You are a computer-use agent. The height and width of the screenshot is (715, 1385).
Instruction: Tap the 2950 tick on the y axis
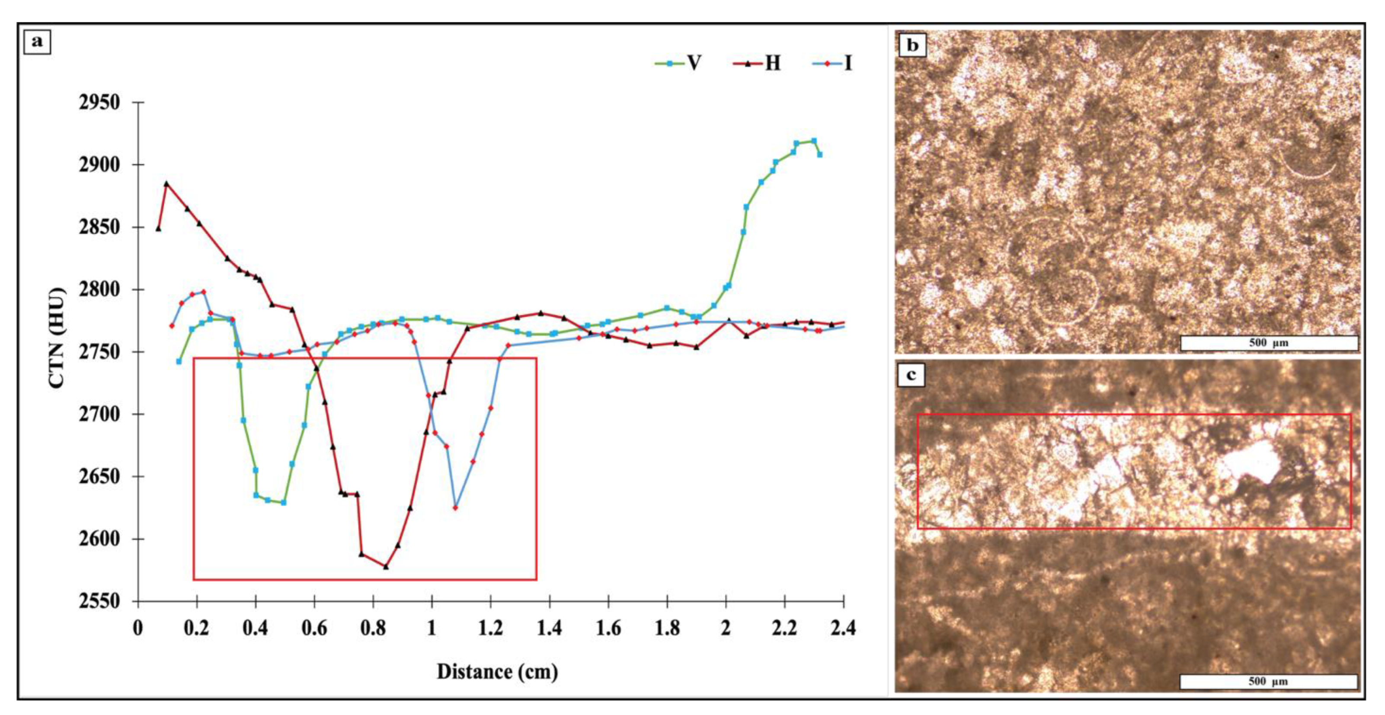click(99, 102)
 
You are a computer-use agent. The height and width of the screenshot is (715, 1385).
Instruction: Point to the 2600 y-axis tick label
click(99, 539)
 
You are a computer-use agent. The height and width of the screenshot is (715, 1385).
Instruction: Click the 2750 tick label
click(99, 351)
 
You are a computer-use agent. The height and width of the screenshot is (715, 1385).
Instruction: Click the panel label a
click(37, 42)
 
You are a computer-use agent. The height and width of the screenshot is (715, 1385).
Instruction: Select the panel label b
click(912, 45)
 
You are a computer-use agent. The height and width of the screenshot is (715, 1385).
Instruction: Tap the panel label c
click(911, 374)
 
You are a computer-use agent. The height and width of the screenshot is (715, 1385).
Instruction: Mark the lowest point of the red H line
click(386, 567)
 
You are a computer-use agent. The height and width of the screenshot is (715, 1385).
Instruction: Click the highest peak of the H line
click(166, 183)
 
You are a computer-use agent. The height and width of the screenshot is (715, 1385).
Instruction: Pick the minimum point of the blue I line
click(455, 508)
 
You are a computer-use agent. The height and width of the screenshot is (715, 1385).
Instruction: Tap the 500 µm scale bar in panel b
click(1268, 343)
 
